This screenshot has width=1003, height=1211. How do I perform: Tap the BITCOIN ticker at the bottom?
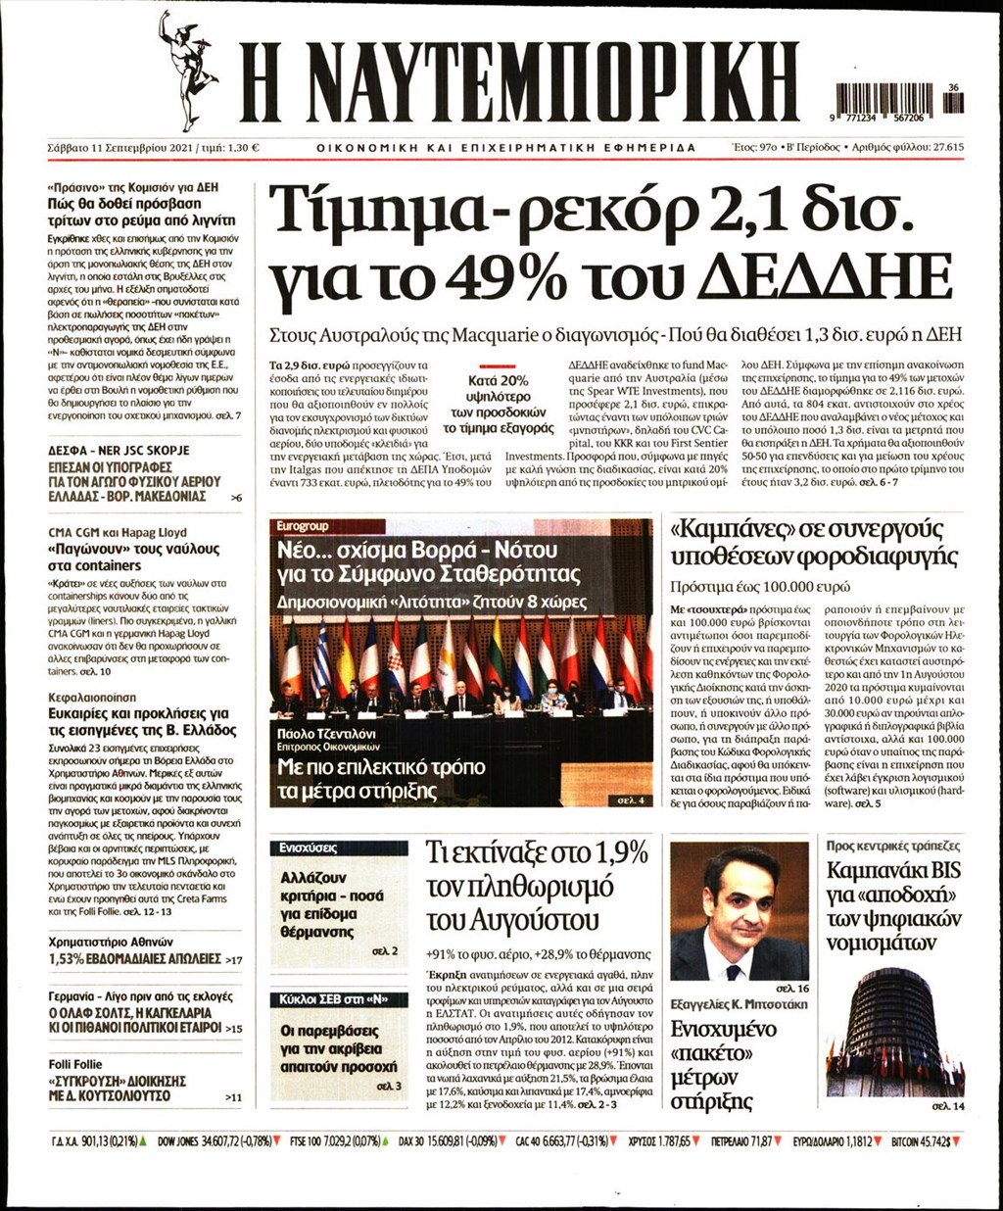[924, 1140]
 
